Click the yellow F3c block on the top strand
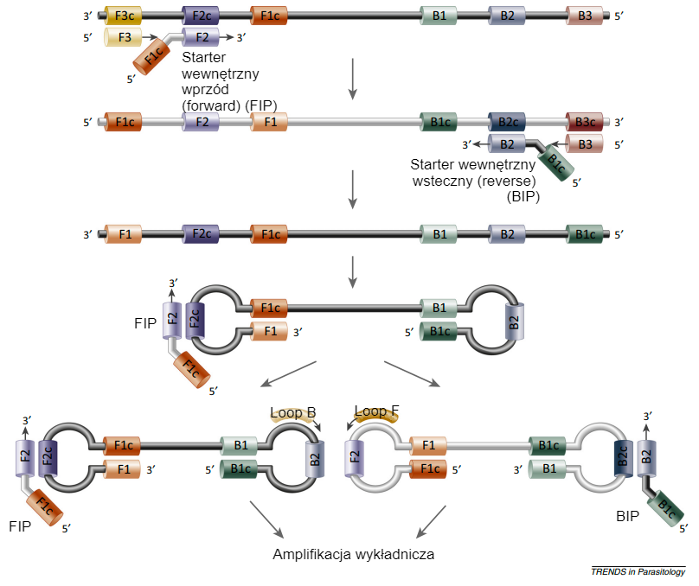pyautogui.click(x=123, y=16)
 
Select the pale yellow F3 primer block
pyautogui.click(x=123, y=37)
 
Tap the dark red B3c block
pyautogui.click(x=585, y=122)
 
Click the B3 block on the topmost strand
pyautogui.click(x=585, y=16)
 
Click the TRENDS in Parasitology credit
pyautogui.click(x=638, y=571)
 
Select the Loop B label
pyautogui.click(x=292, y=413)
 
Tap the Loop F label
pyautogui.click(x=377, y=412)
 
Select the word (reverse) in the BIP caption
pyautogui.click(x=507, y=182)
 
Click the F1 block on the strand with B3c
pyautogui.click(x=269, y=122)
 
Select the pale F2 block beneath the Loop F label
pyautogui.click(x=355, y=456)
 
